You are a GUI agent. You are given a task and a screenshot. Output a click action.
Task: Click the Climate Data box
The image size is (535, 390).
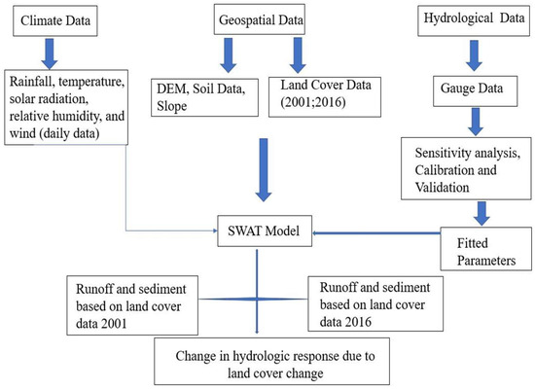point(52,20)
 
